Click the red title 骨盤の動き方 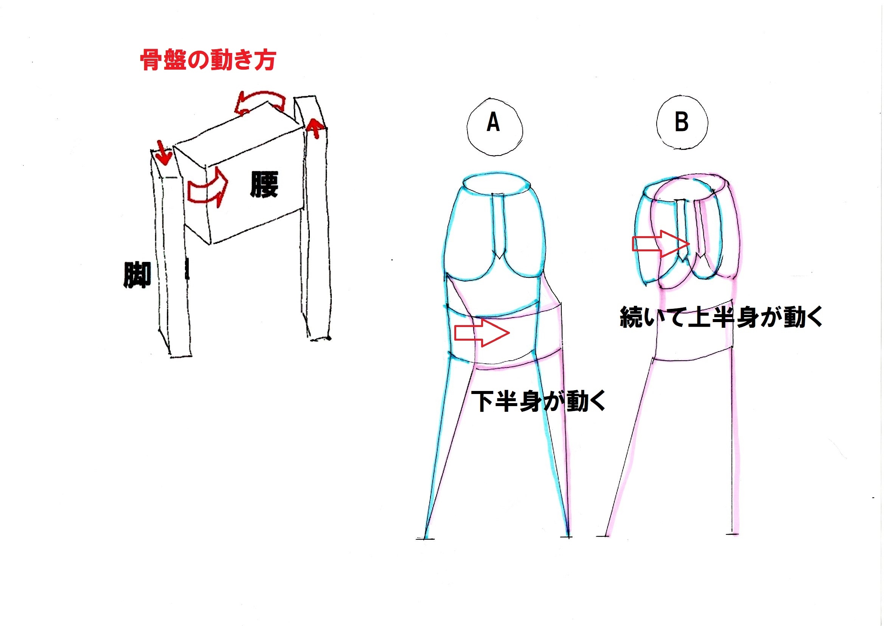tap(208, 60)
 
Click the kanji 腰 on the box tap(264, 184)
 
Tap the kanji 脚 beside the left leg tap(137, 275)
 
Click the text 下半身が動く tap(539, 401)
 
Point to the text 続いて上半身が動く tap(721, 317)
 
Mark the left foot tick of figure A tap(425, 539)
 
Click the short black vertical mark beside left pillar tap(187, 269)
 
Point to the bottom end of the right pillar tap(319, 339)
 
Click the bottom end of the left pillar tap(180, 355)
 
